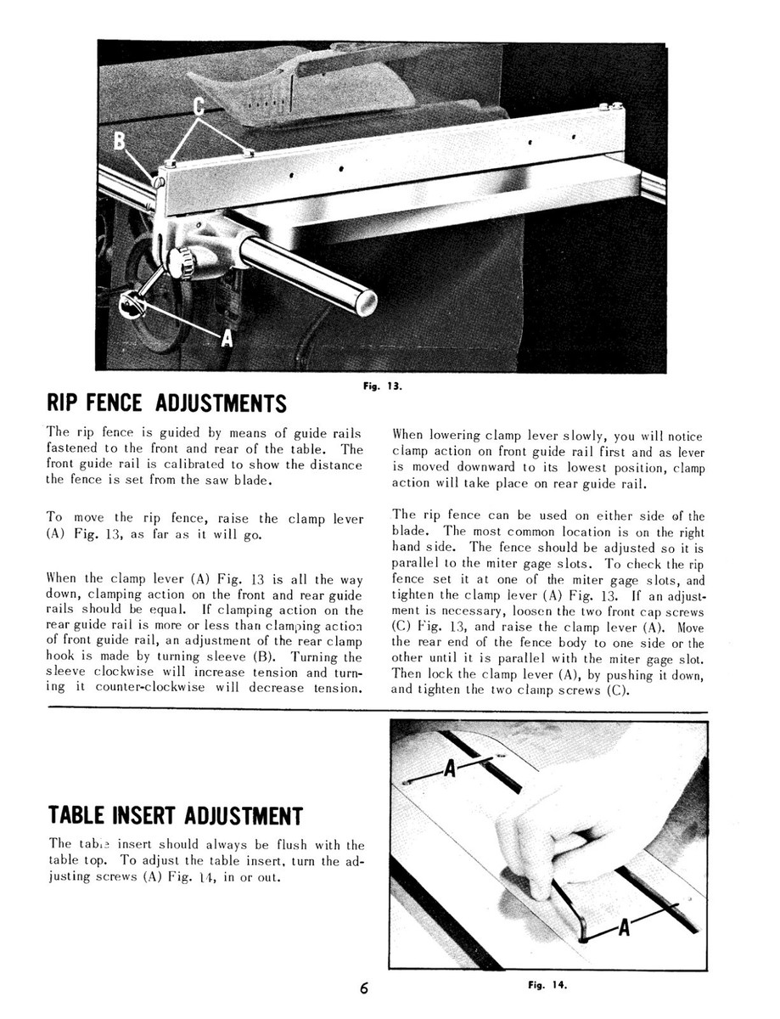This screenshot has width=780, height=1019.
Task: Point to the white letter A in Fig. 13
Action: [x=227, y=340]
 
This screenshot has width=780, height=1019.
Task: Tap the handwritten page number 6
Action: [x=364, y=988]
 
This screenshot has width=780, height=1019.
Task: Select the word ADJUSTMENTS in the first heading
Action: [x=221, y=402]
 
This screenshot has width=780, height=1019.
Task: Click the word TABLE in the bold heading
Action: [x=76, y=817]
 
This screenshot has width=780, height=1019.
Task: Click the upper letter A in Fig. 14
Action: [x=451, y=769]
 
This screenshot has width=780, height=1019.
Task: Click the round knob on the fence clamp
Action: [x=181, y=262]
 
